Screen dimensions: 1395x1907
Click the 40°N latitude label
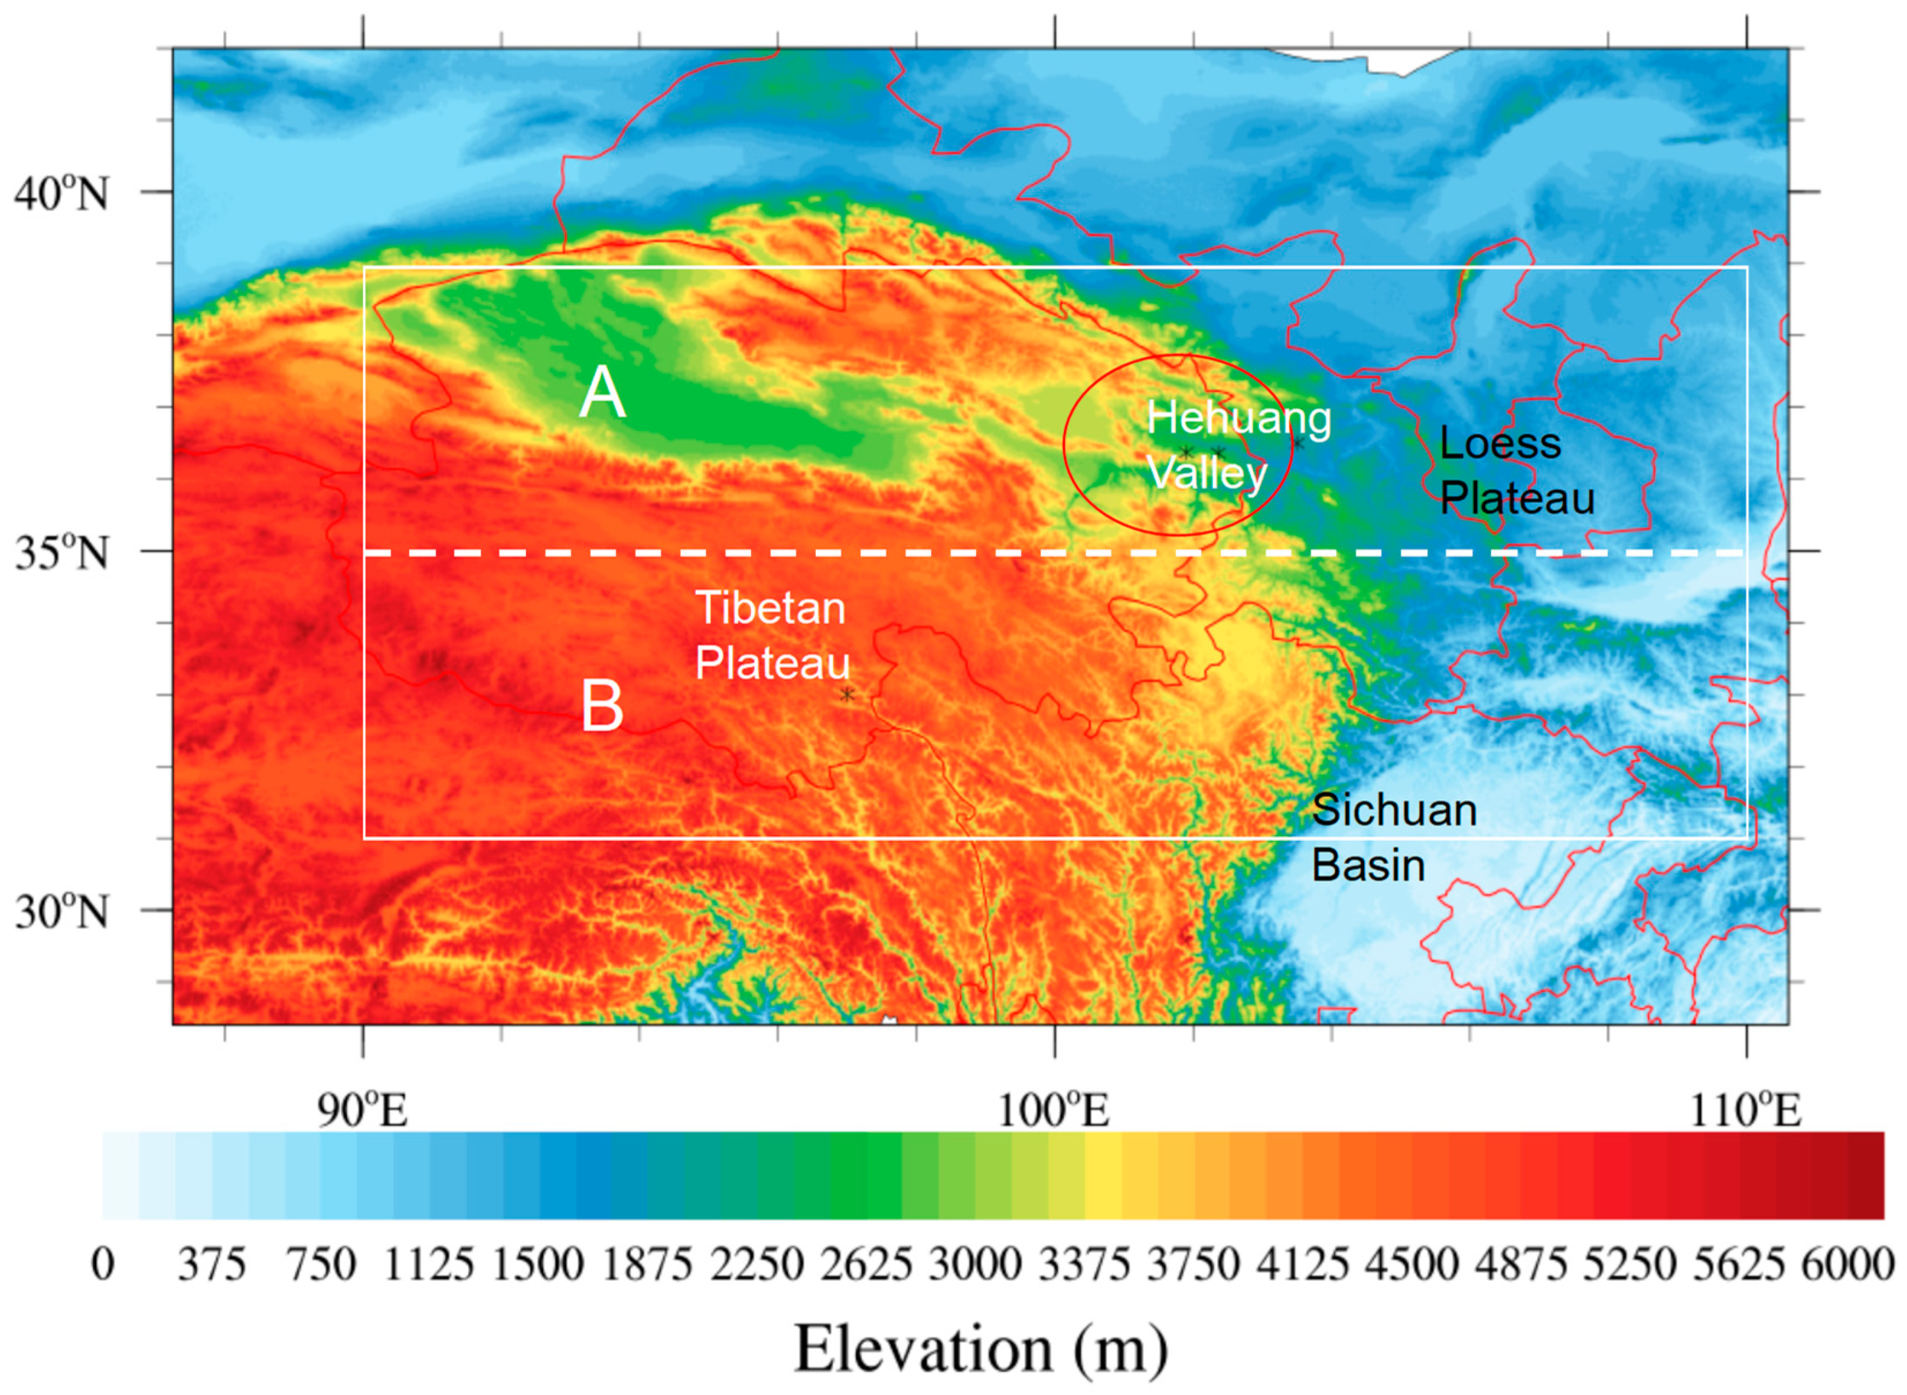pyautogui.click(x=61, y=194)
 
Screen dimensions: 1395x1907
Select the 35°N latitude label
pyautogui.click(x=61, y=554)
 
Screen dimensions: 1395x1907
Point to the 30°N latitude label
pyautogui.click(x=61, y=913)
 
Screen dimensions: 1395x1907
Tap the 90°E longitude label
pyautogui.click(x=363, y=1110)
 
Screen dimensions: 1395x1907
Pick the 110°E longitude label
pyautogui.click(x=1745, y=1110)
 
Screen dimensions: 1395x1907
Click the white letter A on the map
pyautogui.click(x=602, y=392)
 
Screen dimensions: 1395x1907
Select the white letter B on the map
pyautogui.click(x=602, y=706)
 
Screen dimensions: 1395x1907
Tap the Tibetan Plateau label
pyautogui.click(x=771, y=635)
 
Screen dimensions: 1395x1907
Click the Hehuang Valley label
pyautogui.click(x=1238, y=445)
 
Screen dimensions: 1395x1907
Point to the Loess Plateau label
pyautogui.click(x=1516, y=471)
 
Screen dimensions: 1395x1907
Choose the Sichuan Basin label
pyautogui.click(x=1393, y=838)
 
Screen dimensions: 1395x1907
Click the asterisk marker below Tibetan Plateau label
pyautogui.click(x=847, y=695)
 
